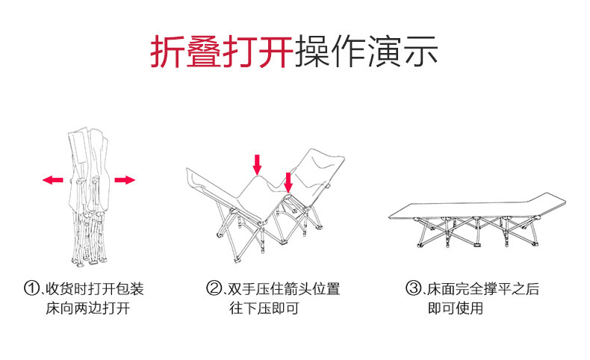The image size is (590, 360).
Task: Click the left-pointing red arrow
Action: pos(52,180)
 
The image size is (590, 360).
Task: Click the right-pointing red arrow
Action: pos(124,180)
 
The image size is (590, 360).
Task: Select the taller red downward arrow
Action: pos(257,164)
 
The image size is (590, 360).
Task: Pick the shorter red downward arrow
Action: pos(288,181)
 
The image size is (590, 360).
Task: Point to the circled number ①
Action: pos(31,289)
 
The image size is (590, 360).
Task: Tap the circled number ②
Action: pos(214,289)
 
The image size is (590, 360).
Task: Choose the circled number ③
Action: pos(413,289)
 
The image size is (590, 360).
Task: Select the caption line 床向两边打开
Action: pos(87,308)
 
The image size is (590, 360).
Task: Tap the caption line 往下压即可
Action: pos(264,308)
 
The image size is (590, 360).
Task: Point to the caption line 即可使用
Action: pos(455,308)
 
